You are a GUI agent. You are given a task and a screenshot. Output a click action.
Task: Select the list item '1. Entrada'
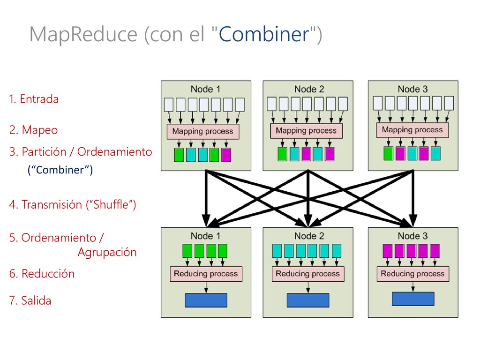tap(34, 99)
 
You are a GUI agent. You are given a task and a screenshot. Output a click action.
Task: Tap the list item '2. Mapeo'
tap(33, 130)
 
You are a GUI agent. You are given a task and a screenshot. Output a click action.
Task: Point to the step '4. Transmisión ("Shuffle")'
tap(73, 204)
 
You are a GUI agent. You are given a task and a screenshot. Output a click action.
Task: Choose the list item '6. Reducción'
tap(42, 274)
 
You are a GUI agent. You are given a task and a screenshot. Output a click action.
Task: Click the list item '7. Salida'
tap(30, 300)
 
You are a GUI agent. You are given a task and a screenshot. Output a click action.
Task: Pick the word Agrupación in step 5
tap(107, 253)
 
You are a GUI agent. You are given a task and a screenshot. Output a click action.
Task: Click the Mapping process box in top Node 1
tap(202, 131)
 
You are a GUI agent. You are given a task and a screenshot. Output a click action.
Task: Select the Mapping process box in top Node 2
tap(306, 131)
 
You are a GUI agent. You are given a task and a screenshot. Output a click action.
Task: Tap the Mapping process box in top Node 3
tap(412, 130)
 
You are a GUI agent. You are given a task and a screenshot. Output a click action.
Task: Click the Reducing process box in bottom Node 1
tap(206, 274)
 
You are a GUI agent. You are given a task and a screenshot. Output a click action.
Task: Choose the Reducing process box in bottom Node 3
tap(412, 274)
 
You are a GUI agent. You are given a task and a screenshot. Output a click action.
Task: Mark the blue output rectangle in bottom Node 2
tap(308, 300)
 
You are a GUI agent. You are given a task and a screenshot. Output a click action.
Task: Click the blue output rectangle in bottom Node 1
tap(206, 300)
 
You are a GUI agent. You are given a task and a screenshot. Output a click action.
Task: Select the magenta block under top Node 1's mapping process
tap(226, 155)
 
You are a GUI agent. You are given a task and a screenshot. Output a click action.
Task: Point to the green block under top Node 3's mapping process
tap(389, 153)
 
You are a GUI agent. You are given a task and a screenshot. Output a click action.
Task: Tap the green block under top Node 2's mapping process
tap(283, 154)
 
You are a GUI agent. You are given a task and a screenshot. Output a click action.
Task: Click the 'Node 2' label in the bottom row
tap(309, 236)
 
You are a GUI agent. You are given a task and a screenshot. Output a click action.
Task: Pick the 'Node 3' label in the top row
tap(412, 89)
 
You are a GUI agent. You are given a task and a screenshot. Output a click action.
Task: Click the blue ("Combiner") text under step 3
tap(60, 170)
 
